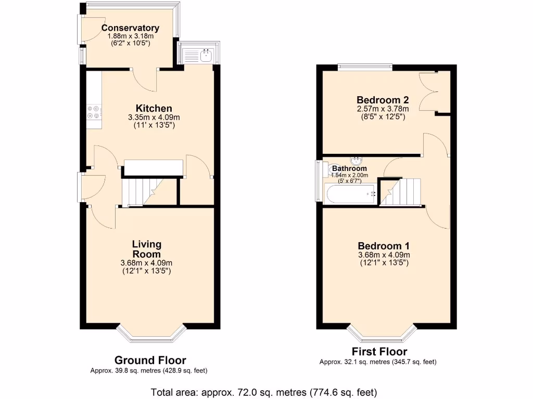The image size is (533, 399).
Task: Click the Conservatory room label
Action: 130,28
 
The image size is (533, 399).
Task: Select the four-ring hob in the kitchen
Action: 94,112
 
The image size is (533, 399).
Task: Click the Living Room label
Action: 146,249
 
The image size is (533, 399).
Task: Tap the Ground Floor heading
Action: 150,360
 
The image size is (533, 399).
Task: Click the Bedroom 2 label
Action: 383,100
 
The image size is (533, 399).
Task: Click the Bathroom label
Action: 349,168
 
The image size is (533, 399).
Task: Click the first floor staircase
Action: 401,192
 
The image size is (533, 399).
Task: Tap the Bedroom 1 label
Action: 384,246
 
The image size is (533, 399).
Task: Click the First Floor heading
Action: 379,352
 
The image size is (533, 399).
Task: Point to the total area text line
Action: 263,392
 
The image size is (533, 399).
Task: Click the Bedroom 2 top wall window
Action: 364,66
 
